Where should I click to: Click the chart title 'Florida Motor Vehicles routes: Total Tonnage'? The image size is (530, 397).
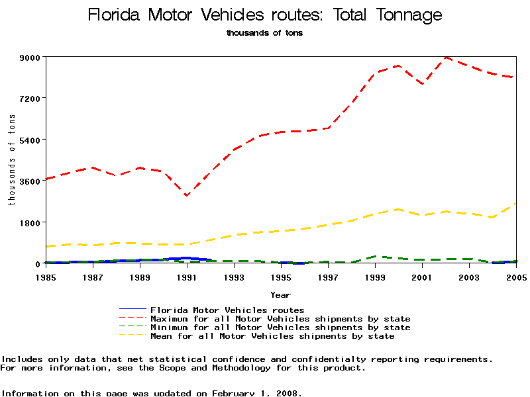[x=264, y=15]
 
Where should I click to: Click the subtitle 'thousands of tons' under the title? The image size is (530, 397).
[x=264, y=32]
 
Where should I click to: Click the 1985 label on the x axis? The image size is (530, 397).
[x=46, y=277]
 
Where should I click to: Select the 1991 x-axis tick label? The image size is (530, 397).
[x=187, y=277]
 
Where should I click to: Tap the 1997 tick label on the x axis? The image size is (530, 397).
[x=328, y=277]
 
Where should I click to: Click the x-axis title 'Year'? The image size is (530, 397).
[x=280, y=294]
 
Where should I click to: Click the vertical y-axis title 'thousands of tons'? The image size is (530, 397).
[x=12, y=159]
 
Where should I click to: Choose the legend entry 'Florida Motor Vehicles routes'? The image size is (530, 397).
[x=227, y=310]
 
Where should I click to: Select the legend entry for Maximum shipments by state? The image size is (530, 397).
[x=280, y=319]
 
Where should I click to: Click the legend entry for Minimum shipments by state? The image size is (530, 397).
[x=280, y=328]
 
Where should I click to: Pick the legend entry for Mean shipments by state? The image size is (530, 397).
[x=272, y=336]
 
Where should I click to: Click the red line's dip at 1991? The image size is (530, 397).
[x=187, y=196]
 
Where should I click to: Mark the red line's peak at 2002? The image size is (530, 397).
[x=446, y=58]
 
